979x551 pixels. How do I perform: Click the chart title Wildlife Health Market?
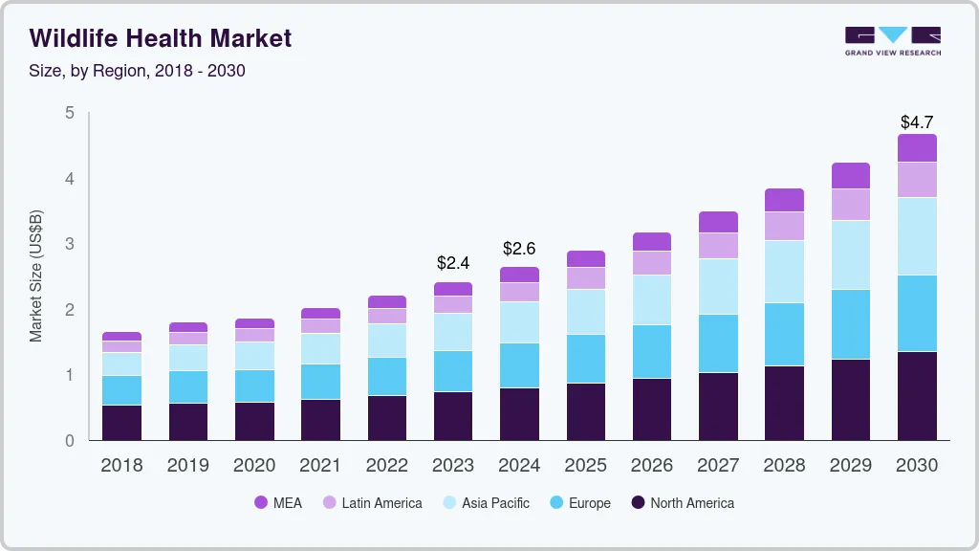[x=161, y=38]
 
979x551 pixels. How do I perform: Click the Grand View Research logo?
[x=892, y=41]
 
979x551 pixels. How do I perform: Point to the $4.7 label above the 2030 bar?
[x=917, y=122]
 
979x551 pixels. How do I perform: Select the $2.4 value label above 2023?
[x=453, y=262]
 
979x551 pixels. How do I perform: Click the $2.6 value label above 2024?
[x=519, y=249]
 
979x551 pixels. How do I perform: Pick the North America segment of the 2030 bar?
[x=917, y=395]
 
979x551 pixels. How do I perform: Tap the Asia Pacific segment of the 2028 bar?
[x=784, y=272]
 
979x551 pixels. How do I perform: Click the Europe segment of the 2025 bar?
[x=585, y=359]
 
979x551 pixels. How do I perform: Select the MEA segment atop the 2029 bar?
[x=850, y=176]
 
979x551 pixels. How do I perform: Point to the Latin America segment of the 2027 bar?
[x=718, y=246]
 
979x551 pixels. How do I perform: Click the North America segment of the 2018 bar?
[x=121, y=423]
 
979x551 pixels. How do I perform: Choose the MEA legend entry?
[x=277, y=503]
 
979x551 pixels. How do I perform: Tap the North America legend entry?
[x=681, y=503]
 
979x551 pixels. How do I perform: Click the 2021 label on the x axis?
[x=320, y=466]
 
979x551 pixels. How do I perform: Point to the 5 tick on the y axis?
[x=69, y=113]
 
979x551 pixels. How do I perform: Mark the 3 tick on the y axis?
[x=69, y=244]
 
